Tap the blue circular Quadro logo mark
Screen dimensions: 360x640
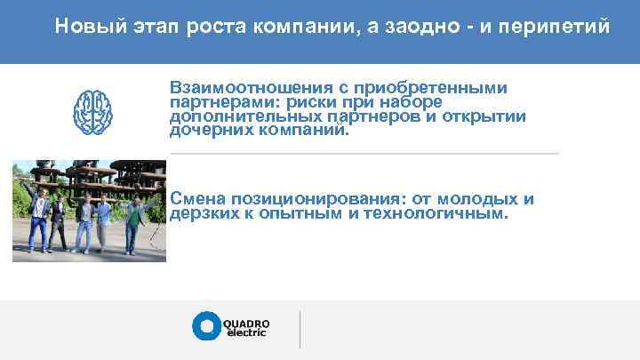(205, 326)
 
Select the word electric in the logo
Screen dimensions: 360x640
(246, 332)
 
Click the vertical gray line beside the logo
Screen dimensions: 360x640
(300, 329)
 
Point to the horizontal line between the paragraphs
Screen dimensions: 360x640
(364, 154)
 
